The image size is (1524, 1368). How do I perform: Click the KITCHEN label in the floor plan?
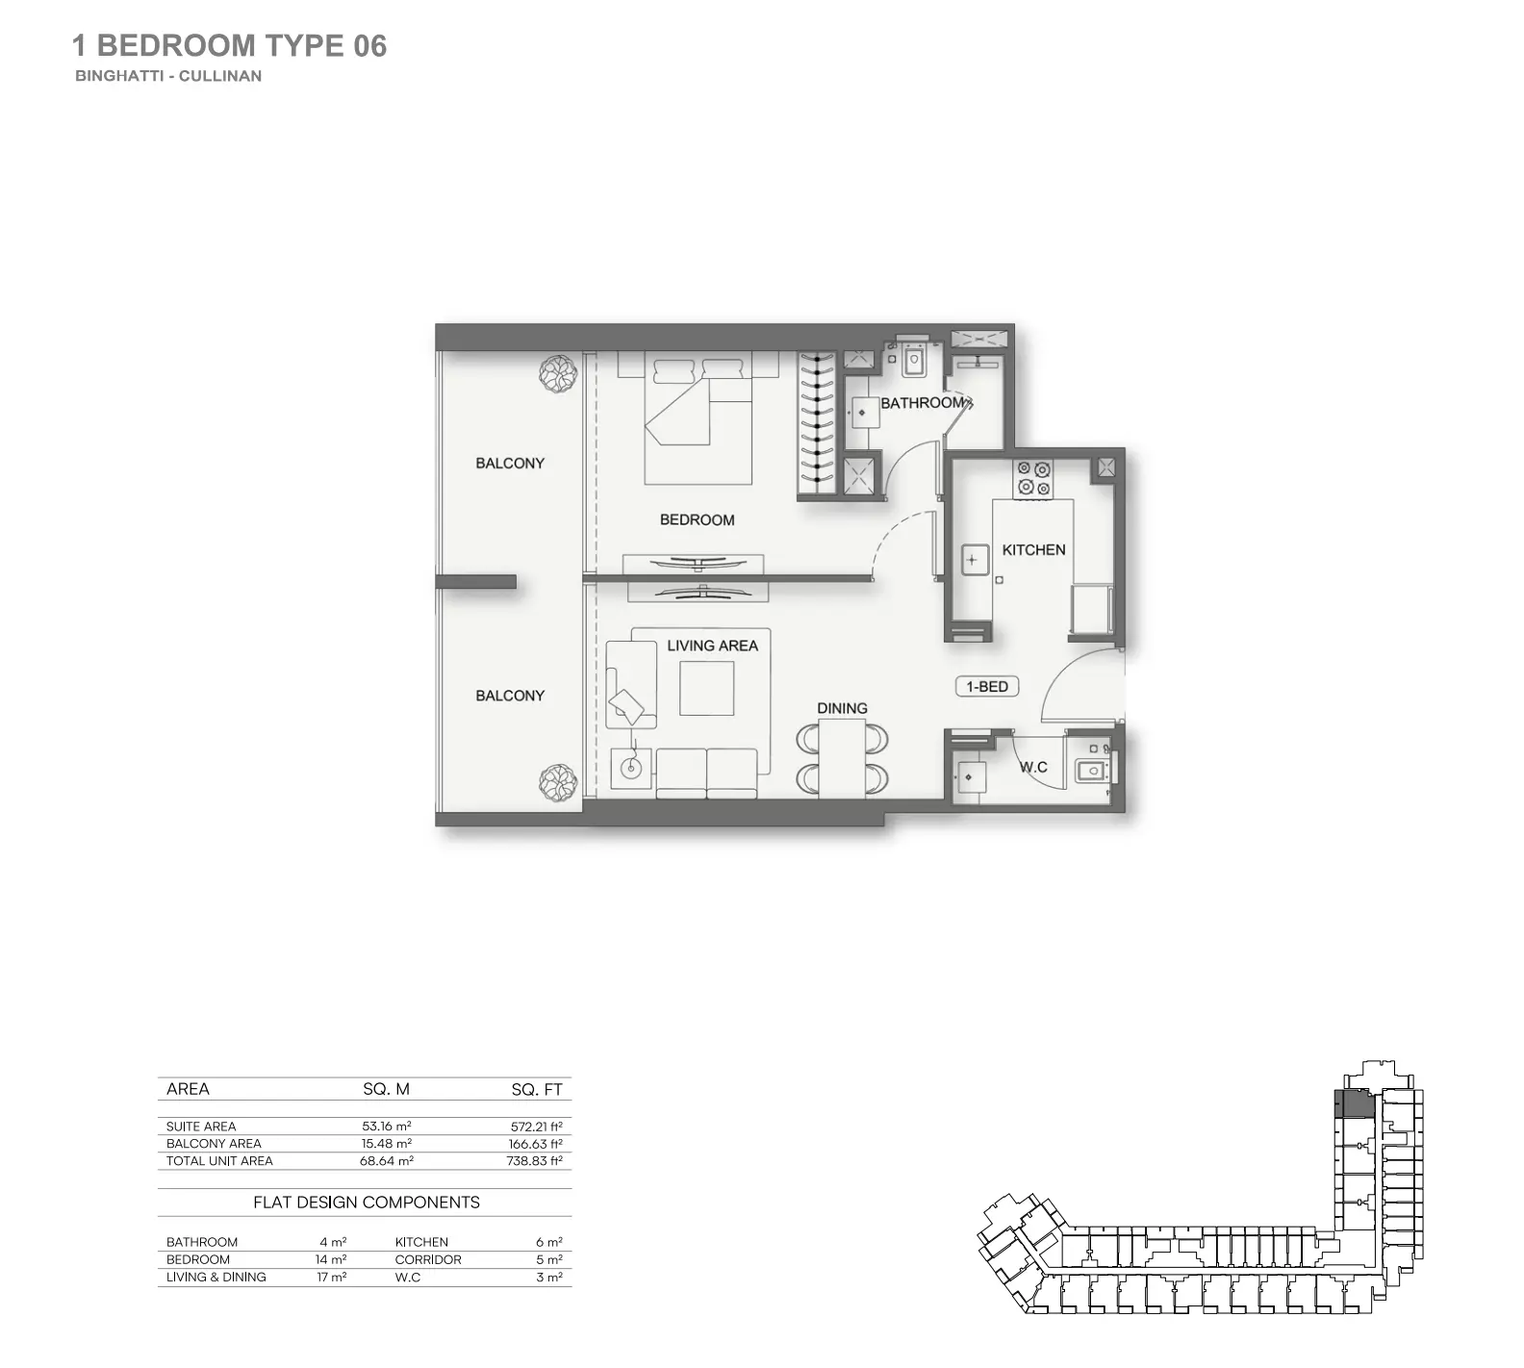pyautogui.click(x=1033, y=549)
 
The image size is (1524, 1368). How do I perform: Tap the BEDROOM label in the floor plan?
pyautogui.click(x=697, y=519)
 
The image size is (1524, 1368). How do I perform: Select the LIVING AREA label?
pyautogui.click(x=712, y=646)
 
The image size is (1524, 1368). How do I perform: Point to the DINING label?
pyautogui.click(x=842, y=708)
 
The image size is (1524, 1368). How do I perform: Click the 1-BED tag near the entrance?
pyautogui.click(x=987, y=687)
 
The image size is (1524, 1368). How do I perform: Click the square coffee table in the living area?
pyautogui.click(x=706, y=690)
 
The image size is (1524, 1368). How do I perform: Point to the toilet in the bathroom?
pyautogui.click(x=913, y=359)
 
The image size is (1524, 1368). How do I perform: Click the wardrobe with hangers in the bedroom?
pyautogui.click(x=818, y=424)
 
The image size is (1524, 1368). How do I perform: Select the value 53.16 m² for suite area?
pyautogui.click(x=386, y=1126)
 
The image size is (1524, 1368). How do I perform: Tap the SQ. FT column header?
pyautogui.click(x=536, y=1089)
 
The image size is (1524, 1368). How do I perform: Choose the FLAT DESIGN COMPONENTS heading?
pyautogui.click(x=366, y=1203)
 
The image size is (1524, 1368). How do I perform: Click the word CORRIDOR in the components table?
pyautogui.click(x=428, y=1259)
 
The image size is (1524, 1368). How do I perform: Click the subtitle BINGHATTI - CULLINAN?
pyautogui.click(x=168, y=76)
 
